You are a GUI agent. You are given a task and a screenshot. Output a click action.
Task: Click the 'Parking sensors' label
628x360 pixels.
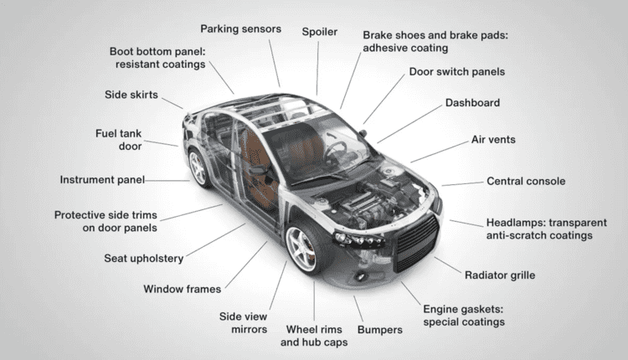(x=240, y=29)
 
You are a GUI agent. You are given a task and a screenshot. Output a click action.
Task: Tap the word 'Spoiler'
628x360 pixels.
(x=320, y=32)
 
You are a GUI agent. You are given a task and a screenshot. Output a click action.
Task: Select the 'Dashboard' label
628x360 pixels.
(x=472, y=103)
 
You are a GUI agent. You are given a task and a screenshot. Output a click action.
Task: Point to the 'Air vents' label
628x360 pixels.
(x=493, y=140)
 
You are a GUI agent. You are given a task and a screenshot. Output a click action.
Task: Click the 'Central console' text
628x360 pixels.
(x=526, y=182)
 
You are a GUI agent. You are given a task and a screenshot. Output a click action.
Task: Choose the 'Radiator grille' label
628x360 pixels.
(x=500, y=275)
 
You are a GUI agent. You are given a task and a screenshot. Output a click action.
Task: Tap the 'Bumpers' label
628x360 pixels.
(x=379, y=330)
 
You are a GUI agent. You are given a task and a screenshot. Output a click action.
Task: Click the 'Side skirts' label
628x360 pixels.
(x=131, y=95)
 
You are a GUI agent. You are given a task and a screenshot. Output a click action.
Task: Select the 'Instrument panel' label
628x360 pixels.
(x=102, y=180)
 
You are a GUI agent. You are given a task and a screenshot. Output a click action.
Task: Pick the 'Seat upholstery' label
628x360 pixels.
(x=144, y=259)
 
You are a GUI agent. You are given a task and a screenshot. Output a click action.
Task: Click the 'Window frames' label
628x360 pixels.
(x=183, y=289)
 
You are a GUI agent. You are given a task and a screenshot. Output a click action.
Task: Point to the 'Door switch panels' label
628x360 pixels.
(x=457, y=72)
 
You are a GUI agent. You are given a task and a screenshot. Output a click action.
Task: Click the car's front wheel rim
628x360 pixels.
(x=301, y=249)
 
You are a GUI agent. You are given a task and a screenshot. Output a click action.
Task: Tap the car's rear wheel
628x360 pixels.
(x=198, y=167)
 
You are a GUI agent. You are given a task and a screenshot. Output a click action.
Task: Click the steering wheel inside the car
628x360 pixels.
(x=335, y=150)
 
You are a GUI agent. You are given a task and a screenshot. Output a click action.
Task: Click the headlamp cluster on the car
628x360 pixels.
(x=358, y=240)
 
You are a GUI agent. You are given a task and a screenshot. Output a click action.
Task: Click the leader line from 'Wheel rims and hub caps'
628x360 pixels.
(x=314, y=301)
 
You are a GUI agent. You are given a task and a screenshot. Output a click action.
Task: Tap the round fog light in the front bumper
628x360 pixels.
(x=361, y=276)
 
